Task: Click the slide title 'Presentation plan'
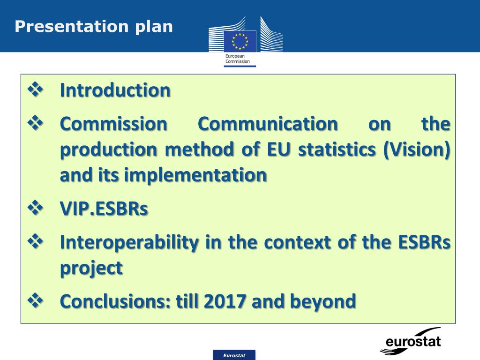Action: point(93,26)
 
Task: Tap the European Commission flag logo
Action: point(240,41)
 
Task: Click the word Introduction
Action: point(115,90)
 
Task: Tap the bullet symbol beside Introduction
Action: point(36,89)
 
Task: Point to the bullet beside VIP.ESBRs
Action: point(36,208)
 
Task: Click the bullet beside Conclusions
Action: point(36,300)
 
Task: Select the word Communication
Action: point(267,124)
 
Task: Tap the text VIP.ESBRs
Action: point(104,209)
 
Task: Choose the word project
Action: point(91,268)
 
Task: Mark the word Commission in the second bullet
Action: point(113,124)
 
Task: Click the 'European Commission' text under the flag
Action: point(237,59)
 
